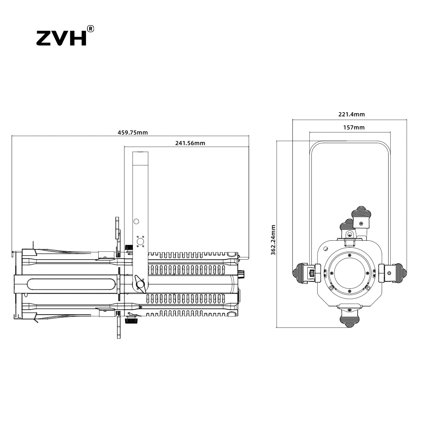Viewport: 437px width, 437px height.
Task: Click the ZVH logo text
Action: (61, 38)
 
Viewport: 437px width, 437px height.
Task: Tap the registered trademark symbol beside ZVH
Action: (90, 29)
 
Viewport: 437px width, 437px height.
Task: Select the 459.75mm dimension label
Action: (133, 133)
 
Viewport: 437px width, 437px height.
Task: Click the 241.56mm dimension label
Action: (190, 143)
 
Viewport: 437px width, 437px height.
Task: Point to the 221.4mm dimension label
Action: (351, 114)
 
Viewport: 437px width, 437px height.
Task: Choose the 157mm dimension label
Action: (354, 127)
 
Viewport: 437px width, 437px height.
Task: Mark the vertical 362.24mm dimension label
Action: (273, 240)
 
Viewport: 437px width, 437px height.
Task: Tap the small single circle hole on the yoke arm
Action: (136, 221)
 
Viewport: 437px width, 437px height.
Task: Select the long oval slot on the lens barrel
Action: (71, 284)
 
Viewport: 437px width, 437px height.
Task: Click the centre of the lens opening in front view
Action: (350, 275)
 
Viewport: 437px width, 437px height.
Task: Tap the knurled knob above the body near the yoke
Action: (129, 248)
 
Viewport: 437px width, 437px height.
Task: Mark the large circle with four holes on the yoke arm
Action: (140, 241)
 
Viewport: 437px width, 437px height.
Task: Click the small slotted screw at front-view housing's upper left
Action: (326, 249)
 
